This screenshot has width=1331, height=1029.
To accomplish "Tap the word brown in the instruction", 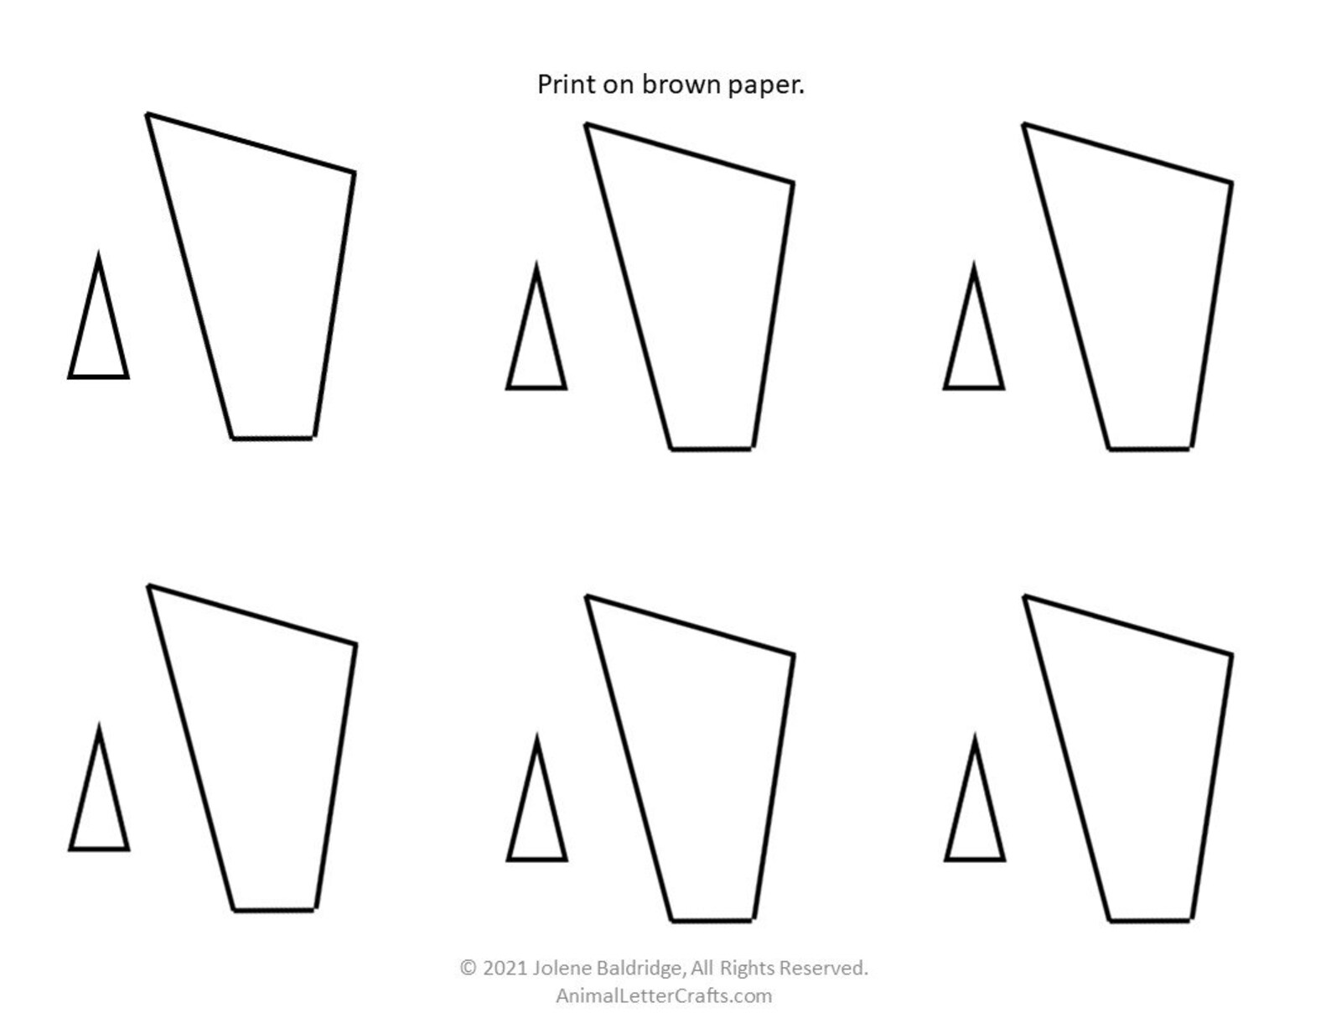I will [681, 85].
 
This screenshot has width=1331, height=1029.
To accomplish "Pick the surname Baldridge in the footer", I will [642, 968].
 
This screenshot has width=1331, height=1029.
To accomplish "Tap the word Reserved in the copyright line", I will [823, 968].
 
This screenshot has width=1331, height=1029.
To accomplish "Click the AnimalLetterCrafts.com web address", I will [664, 995].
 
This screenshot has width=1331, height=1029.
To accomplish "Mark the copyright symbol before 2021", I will [468, 968].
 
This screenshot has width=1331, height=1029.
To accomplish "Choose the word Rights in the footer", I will [748, 968].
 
